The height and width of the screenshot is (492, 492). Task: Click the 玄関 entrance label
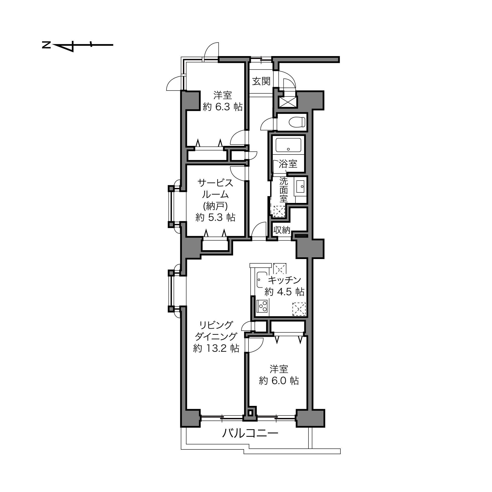261,81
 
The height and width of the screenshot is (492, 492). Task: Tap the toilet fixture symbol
297,122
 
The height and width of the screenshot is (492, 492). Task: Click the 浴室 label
288,164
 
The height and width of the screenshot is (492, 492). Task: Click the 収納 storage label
282,230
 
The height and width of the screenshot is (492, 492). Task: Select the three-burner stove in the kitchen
262,306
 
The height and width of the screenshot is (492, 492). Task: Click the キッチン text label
285,280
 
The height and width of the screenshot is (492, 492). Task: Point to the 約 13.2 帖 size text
216,348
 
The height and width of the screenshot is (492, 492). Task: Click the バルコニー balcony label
250,433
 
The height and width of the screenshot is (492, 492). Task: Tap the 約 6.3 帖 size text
223,107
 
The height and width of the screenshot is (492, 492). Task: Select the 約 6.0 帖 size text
279,381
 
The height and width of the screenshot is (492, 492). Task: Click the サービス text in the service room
215,183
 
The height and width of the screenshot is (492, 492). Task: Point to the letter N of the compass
46,45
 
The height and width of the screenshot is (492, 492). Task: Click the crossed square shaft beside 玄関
288,102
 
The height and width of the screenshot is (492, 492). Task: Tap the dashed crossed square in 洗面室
279,211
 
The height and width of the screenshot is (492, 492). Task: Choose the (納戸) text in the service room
215,206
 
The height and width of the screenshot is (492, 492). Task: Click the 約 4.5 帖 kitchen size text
284,292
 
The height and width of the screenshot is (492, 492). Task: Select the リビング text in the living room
216,325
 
